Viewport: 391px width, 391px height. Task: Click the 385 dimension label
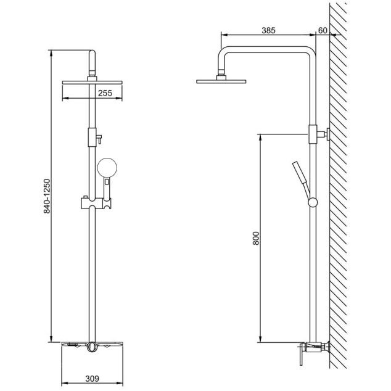pyautogui.click(x=268, y=30)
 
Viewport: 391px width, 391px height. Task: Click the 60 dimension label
pyautogui.click(x=323, y=30)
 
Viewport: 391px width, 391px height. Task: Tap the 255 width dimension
pyautogui.click(x=105, y=93)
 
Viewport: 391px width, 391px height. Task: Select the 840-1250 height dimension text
pyautogui.click(x=47, y=196)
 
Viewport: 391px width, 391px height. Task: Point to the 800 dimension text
pyautogui.click(x=256, y=239)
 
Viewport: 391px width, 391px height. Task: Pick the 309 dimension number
pyautogui.click(x=93, y=379)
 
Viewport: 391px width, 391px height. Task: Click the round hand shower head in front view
pyautogui.click(x=107, y=168)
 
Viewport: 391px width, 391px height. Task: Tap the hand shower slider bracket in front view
pyautogui.click(x=96, y=204)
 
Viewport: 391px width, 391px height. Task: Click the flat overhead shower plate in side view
pyautogui.click(x=221, y=81)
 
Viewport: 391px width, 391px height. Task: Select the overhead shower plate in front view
pyautogui.click(x=92, y=83)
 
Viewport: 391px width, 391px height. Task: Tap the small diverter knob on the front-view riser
pyautogui.click(x=99, y=139)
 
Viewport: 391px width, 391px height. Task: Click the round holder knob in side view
pyautogui.click(x=313, y=202)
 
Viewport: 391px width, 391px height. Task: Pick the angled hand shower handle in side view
pyautogui.click(x=301, y=178)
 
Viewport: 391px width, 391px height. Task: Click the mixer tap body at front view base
pyautogui.click(x=92, y=346)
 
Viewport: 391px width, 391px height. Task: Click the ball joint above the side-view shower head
pyautogui.click(x=221, y=72)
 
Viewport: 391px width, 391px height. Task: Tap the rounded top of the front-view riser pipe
pyautogui.click(x=92, y=53)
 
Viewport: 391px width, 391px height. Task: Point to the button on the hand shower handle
pyautogui.click(x=107, y=181)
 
